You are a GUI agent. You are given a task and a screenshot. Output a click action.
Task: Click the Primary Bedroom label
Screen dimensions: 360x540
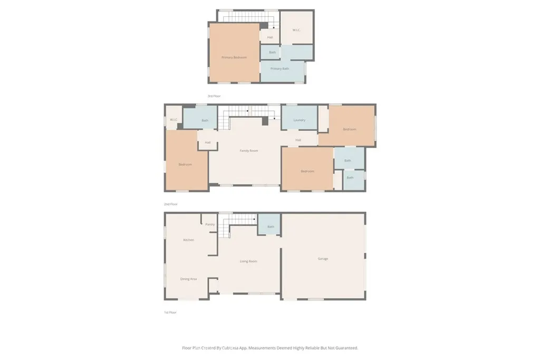pyautogui.click(x=234, y=57)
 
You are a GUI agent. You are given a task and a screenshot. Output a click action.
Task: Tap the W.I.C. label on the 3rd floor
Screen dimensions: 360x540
pyautogui.click(x=296, y=30)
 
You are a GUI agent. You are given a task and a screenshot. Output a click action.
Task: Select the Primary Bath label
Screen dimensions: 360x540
pyautogui.click(x=279, y=69)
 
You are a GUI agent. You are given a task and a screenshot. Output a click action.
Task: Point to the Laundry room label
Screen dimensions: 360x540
pyautogui.click(x=299, y=120)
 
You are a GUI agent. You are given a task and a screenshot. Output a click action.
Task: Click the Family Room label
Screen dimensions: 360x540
pyautogui.click(x=249, y=151)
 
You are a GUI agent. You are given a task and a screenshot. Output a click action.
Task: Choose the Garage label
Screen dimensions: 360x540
pyautogui.click(x=323, y=259)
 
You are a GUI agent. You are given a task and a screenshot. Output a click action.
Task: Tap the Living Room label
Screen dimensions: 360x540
pyautogui.click(x=248, y=261)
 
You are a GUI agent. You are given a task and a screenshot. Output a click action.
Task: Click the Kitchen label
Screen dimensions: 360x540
pyautogui.click(x=188, y=240)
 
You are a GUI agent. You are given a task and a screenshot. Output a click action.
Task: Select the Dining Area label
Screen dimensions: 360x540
pyautogui.click(x=188, y=279)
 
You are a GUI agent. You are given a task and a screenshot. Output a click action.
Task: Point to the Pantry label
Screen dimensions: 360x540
pyautogui.click(x=210, y=225)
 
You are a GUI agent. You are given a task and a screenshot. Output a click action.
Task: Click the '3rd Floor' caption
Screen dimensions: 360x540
pyautogui.click(x=214, y=96)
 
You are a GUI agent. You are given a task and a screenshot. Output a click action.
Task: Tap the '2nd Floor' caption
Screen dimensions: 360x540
pyautogui.click(x=170, y=204)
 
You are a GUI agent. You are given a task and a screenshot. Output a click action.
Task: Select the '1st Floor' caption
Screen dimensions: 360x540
pyautogui.click(x=170, y=313)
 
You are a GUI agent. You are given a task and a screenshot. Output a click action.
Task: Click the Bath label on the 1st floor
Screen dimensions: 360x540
pyautogui.click(x=271, y=227)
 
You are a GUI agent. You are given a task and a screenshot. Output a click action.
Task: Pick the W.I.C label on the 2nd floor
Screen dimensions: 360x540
pyautogui.click(x=173, y=120)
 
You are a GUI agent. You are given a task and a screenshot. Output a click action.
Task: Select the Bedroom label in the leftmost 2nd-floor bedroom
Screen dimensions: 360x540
pyautogui.click(x=185, y=164)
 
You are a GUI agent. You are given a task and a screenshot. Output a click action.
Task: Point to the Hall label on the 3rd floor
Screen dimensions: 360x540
pyautogui.click(x=270, y=37)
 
